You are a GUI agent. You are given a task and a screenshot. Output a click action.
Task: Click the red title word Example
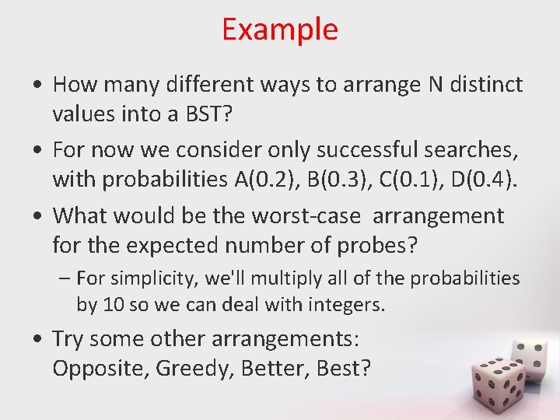click(x=280, y=30)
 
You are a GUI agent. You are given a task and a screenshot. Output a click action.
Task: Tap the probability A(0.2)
click(x=257, y=180)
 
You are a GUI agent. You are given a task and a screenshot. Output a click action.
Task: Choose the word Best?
click(x=343, y=367)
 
